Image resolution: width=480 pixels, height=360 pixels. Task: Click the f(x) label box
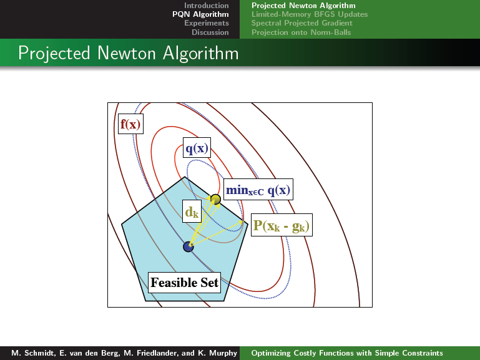point(130,124)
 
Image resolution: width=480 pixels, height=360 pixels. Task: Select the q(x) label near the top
point(197,148)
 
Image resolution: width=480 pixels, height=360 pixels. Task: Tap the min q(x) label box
point(258,190)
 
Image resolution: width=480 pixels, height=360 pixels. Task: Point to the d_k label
point(192,211)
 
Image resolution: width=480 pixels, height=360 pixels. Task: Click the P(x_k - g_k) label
point(282,225)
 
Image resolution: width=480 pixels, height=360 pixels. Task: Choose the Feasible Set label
point(185,282)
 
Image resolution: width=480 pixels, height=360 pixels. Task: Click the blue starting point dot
point(189,246)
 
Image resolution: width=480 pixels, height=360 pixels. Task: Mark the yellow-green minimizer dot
point(215,200)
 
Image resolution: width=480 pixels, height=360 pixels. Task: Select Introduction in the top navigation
point(207,6)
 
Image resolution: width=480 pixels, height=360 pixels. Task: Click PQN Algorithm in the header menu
point(200,14)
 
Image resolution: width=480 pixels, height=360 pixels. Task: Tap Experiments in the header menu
point(207,23)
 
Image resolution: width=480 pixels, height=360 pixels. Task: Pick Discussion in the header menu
point(210,32)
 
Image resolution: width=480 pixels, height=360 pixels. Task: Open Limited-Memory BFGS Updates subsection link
point(310,14)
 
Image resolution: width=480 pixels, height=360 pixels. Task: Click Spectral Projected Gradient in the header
point(302,23)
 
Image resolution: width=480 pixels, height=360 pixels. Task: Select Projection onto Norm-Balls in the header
point(301,32)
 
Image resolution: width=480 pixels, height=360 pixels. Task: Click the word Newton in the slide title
point(127,53)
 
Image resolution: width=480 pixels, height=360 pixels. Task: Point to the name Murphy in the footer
point(223,353)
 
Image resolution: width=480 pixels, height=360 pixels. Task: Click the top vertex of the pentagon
point(185,177)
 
